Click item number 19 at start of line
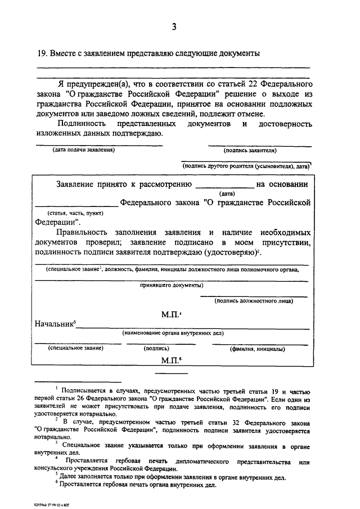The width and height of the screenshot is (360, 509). coord(42,54)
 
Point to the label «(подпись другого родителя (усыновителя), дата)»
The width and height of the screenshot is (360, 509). coord(246,166)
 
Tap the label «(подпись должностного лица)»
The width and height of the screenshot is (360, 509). coord(253,301)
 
